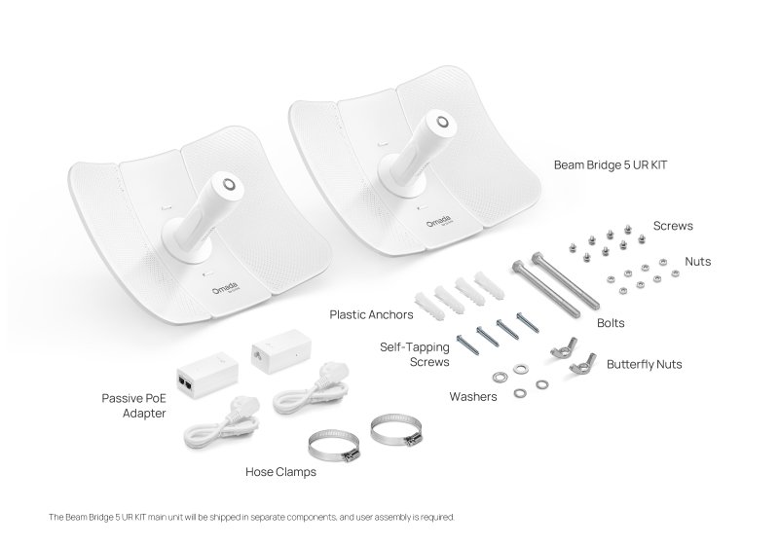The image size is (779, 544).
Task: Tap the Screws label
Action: point(673,226)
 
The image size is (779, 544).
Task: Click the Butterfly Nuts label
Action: point(644,364)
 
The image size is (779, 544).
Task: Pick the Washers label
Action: point(472,396)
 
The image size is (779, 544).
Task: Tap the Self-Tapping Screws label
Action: point(415,353)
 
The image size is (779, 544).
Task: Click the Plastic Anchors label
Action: point(371,314)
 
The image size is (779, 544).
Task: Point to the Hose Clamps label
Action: point(280,472)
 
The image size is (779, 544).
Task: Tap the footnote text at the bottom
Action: point(250,517)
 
